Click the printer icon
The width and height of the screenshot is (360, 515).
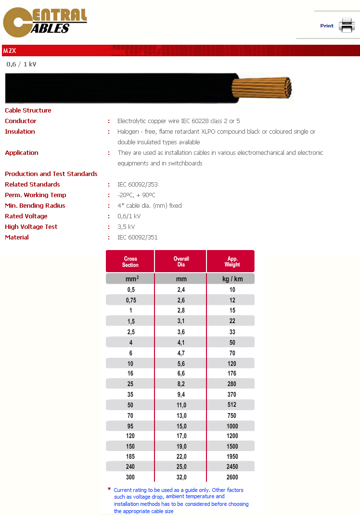coord(346,25)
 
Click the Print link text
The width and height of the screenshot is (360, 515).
coord(327,26)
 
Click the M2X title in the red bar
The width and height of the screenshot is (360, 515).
coord(10,50)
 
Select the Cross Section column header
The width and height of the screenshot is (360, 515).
coord(130,262)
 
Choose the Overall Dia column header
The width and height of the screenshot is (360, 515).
coord(181,262)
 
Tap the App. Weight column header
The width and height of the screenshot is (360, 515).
coord(232,262)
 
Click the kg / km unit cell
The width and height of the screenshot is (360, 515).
coord(232,279)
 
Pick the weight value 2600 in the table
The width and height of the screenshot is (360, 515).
coord(232,477)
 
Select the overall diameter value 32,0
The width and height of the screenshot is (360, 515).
coord(181,477)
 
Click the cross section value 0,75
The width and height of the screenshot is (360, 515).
coord(130,300)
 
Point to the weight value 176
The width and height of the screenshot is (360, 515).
coord(232,374)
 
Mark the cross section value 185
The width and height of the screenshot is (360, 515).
coord(130,456)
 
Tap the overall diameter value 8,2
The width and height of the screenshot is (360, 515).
coord(181,384)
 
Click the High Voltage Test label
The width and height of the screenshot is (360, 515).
coord(31,227)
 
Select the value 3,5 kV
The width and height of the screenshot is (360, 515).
coord(126,227)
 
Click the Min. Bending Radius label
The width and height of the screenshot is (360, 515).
coord(35,206)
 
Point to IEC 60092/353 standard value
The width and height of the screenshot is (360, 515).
coord(138,185)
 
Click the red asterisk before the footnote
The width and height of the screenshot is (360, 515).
coord(109,489)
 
